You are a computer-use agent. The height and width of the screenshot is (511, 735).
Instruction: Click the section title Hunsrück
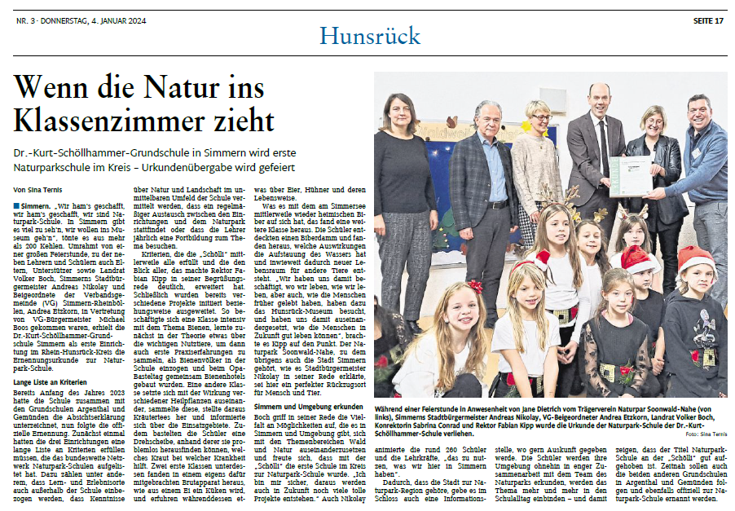pyautogui.click(x=369, y=36)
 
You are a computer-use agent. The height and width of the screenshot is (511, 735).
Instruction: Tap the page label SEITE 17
pyautogui.click(x=707, y=20)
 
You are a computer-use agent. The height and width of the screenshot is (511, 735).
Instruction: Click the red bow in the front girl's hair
pyautogui.click(x=475, y=288)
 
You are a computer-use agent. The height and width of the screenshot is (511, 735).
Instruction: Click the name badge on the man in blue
pyautogui.click(x=697, y=152)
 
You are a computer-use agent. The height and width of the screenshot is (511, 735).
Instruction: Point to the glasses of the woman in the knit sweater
pyautogui.click(x=541, y=117)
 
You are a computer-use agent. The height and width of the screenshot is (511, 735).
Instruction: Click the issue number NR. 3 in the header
pyautogui.click(x=24, y=20)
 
